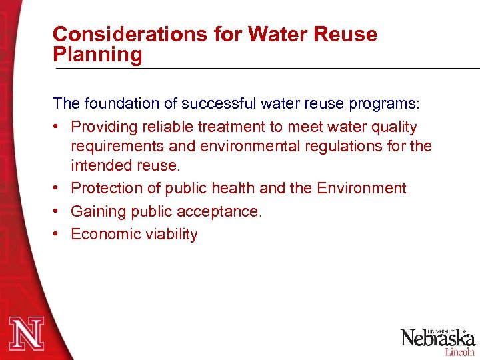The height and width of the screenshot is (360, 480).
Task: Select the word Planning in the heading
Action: click(97, 55)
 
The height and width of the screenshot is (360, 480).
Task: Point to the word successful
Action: click(203, 103)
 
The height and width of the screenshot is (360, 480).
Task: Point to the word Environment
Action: click(361, 188)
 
